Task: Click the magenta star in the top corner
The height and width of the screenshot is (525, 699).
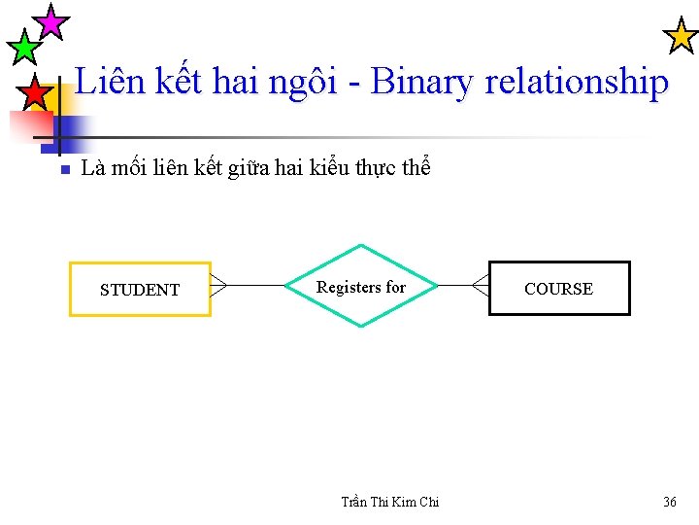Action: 50,21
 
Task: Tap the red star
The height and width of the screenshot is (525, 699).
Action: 35,93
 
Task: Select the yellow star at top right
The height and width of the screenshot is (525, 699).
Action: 680,36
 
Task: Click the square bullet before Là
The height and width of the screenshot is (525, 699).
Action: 61,170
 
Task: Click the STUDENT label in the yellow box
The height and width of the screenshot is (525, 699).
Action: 140,290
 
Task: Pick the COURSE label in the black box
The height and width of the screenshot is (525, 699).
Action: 558,289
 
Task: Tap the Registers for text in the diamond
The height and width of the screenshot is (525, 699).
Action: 361,287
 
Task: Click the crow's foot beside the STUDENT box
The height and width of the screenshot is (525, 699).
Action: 218,286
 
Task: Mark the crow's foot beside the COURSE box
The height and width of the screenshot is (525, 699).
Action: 481,285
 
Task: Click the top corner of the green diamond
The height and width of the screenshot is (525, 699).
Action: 361,245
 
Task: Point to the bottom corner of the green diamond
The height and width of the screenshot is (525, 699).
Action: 361,326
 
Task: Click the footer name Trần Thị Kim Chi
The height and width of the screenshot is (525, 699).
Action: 390,502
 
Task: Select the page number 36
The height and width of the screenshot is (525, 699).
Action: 670,502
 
